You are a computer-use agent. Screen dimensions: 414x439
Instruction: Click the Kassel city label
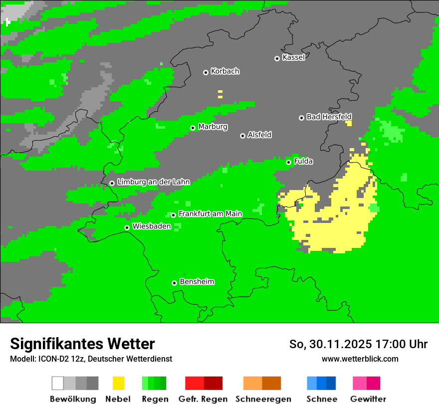point(293,57)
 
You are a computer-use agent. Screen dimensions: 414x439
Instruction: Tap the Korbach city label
point(225,71)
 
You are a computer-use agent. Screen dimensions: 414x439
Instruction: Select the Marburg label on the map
point(213,127)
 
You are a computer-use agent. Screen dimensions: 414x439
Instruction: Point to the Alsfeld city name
point(259,135)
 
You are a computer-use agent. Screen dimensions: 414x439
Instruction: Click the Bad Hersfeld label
point(329,117)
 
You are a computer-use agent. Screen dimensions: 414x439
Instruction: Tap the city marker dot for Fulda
point(288,162)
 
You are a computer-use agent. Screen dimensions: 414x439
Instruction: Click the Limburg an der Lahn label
point(153,182)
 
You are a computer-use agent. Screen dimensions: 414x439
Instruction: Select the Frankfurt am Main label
point(210,214)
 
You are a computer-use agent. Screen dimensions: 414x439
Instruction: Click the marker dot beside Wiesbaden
point(127,227)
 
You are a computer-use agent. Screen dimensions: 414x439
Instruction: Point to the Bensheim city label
point(197,282)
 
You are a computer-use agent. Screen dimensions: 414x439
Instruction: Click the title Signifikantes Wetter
point(82,344)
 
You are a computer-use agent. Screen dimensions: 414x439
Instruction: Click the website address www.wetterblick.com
point(360,359)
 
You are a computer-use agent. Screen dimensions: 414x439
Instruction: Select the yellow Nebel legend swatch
point(118,383)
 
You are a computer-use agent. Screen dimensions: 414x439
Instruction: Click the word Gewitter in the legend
point(368,399)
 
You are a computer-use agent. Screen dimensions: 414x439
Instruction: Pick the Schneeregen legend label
point(263,399)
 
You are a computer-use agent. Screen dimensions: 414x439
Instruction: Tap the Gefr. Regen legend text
point(203,399)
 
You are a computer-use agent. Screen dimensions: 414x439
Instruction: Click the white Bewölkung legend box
point(58,383)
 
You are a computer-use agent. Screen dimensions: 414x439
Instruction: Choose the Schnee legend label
point(321,399)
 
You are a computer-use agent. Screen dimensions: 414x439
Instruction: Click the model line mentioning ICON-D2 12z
point(91,359)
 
